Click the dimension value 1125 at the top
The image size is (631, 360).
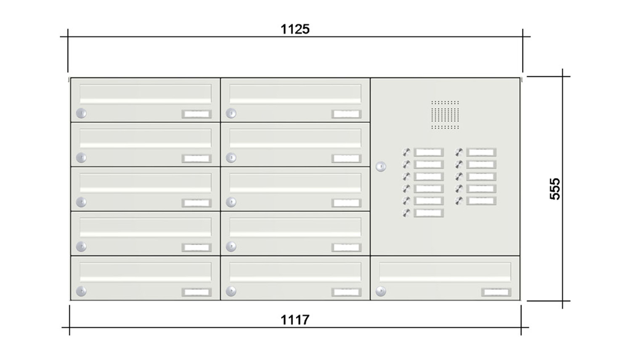pos(295,29)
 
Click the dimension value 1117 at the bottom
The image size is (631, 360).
pos(295,320)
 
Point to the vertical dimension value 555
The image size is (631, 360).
pos(555,189)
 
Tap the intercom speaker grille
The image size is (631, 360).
pos(445,114)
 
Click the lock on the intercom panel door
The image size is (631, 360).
pos(381,167)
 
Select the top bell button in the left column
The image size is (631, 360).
pos(406,152)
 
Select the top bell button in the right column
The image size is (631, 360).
pos(459,152)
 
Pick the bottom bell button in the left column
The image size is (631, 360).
pos(406,213)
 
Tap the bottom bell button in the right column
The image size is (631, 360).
pos(459,201)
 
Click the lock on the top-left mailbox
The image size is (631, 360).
pos(81,113)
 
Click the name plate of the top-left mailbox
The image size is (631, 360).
pos(196,114)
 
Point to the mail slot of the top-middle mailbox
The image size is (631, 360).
pos(295,94)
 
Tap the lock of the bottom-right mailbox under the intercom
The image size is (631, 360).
pos(381,291)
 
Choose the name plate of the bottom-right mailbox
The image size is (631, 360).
pos(496,292)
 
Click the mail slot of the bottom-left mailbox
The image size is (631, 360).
pos(145,272)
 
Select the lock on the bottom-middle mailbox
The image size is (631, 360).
pos(231,291)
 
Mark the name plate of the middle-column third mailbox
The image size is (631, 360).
pos(346,203)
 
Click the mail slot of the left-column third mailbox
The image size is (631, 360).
pos(145,183)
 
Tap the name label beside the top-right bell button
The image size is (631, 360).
pos(481,152)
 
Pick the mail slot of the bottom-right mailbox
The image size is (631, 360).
pos(445,272)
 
